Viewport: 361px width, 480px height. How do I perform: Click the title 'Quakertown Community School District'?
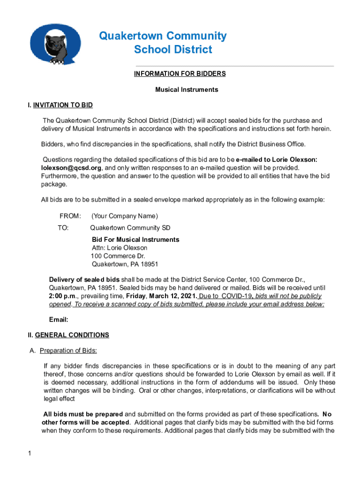tap(163, 43)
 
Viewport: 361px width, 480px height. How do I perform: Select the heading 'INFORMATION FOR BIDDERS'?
tap(180, 74)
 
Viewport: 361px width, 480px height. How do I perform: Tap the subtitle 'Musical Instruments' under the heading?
tap(187, 90)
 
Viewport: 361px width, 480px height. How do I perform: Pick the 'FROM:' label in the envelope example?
tap(70, 216)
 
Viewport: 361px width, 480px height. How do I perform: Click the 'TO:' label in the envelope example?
tap(63, 228)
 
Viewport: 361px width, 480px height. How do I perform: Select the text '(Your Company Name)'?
tap(125, 216)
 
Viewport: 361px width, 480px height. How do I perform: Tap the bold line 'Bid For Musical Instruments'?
tap(135, 240)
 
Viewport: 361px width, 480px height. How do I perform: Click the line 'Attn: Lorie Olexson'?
tap(120, 247)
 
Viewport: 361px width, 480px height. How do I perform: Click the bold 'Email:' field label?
tap(59, 320)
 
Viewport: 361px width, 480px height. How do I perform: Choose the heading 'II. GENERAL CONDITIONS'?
tap(68, 335)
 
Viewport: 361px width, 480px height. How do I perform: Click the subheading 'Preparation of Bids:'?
tap(68, 351)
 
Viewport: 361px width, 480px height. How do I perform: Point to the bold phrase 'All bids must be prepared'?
tap(83, 414)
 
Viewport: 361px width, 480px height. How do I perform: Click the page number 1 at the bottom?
tap(29, 453)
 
